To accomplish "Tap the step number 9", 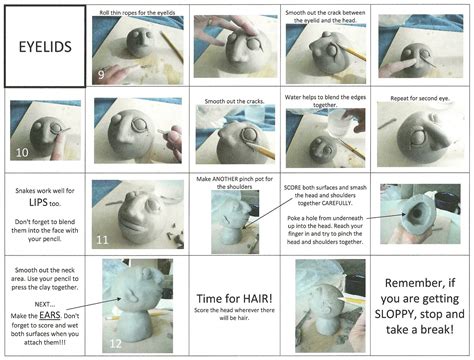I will (101, 74).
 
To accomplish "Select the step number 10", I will (21, 155).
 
